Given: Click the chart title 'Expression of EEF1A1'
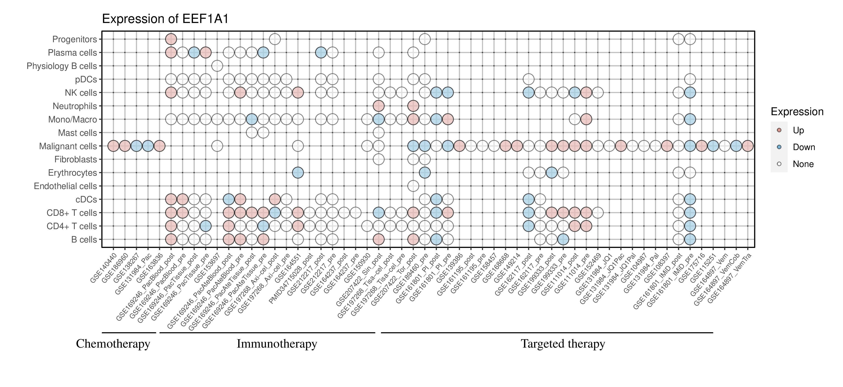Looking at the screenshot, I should coord(165,19).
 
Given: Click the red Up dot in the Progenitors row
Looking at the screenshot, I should coord(171,39).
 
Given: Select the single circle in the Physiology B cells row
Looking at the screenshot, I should coord(217,66).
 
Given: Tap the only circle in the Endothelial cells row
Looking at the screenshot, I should coord(413,186).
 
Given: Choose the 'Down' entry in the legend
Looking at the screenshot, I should coord(803,147).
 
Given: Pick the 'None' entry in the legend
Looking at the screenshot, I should coord(803,164).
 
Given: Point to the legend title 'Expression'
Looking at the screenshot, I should coord(797,112).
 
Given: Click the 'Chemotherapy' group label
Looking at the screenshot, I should coord(113,344).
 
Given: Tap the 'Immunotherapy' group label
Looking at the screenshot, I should coord(277,344).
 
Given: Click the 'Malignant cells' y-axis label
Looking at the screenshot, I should coord(68,146).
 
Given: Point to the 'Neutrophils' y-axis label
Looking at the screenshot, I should coord(75,106).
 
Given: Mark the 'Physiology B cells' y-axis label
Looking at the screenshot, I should coord(62,66).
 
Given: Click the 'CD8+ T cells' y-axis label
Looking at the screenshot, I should coord(72,213).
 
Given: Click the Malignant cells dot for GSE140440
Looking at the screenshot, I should coord(113,146).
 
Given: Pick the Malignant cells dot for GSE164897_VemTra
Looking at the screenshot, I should coord(747,146).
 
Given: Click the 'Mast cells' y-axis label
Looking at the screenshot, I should coord(78,133).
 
